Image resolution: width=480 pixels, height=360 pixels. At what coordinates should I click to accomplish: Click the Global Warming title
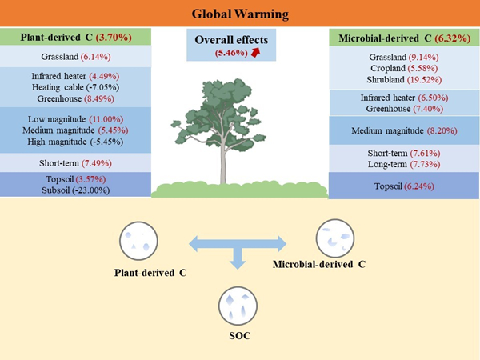pyautogui.click(x=240, y=14)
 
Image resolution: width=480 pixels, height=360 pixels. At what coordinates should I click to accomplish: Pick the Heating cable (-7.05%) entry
pyautogui.click(x=76, y=87)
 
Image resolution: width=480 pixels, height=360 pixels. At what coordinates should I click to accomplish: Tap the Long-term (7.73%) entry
pyautogui.click(x=402, y=162)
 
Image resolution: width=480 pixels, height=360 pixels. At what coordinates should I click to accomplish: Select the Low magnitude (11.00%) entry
pyautogui.click(x=76, y=117)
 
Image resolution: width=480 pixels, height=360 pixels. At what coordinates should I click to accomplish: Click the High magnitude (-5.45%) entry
pyautogui.click(x=76, y=140)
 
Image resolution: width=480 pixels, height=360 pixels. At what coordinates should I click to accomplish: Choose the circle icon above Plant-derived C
pyautogui.click(x=133, y=239)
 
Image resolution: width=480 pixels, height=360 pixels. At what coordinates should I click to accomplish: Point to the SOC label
pyautogui.click(x=238, y=335)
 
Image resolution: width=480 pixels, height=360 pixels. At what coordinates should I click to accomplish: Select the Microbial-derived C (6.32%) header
pyautogui.click(x=402, y=36)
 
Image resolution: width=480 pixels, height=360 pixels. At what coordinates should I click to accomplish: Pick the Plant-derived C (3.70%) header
pyautogui.click(x=76, y=37)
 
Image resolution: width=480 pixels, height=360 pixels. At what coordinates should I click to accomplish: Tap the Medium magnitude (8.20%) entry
pyautogui.click(x=402, y=130)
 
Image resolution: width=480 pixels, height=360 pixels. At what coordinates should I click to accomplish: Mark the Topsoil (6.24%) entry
pyautogui.click(x=402, y=186)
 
